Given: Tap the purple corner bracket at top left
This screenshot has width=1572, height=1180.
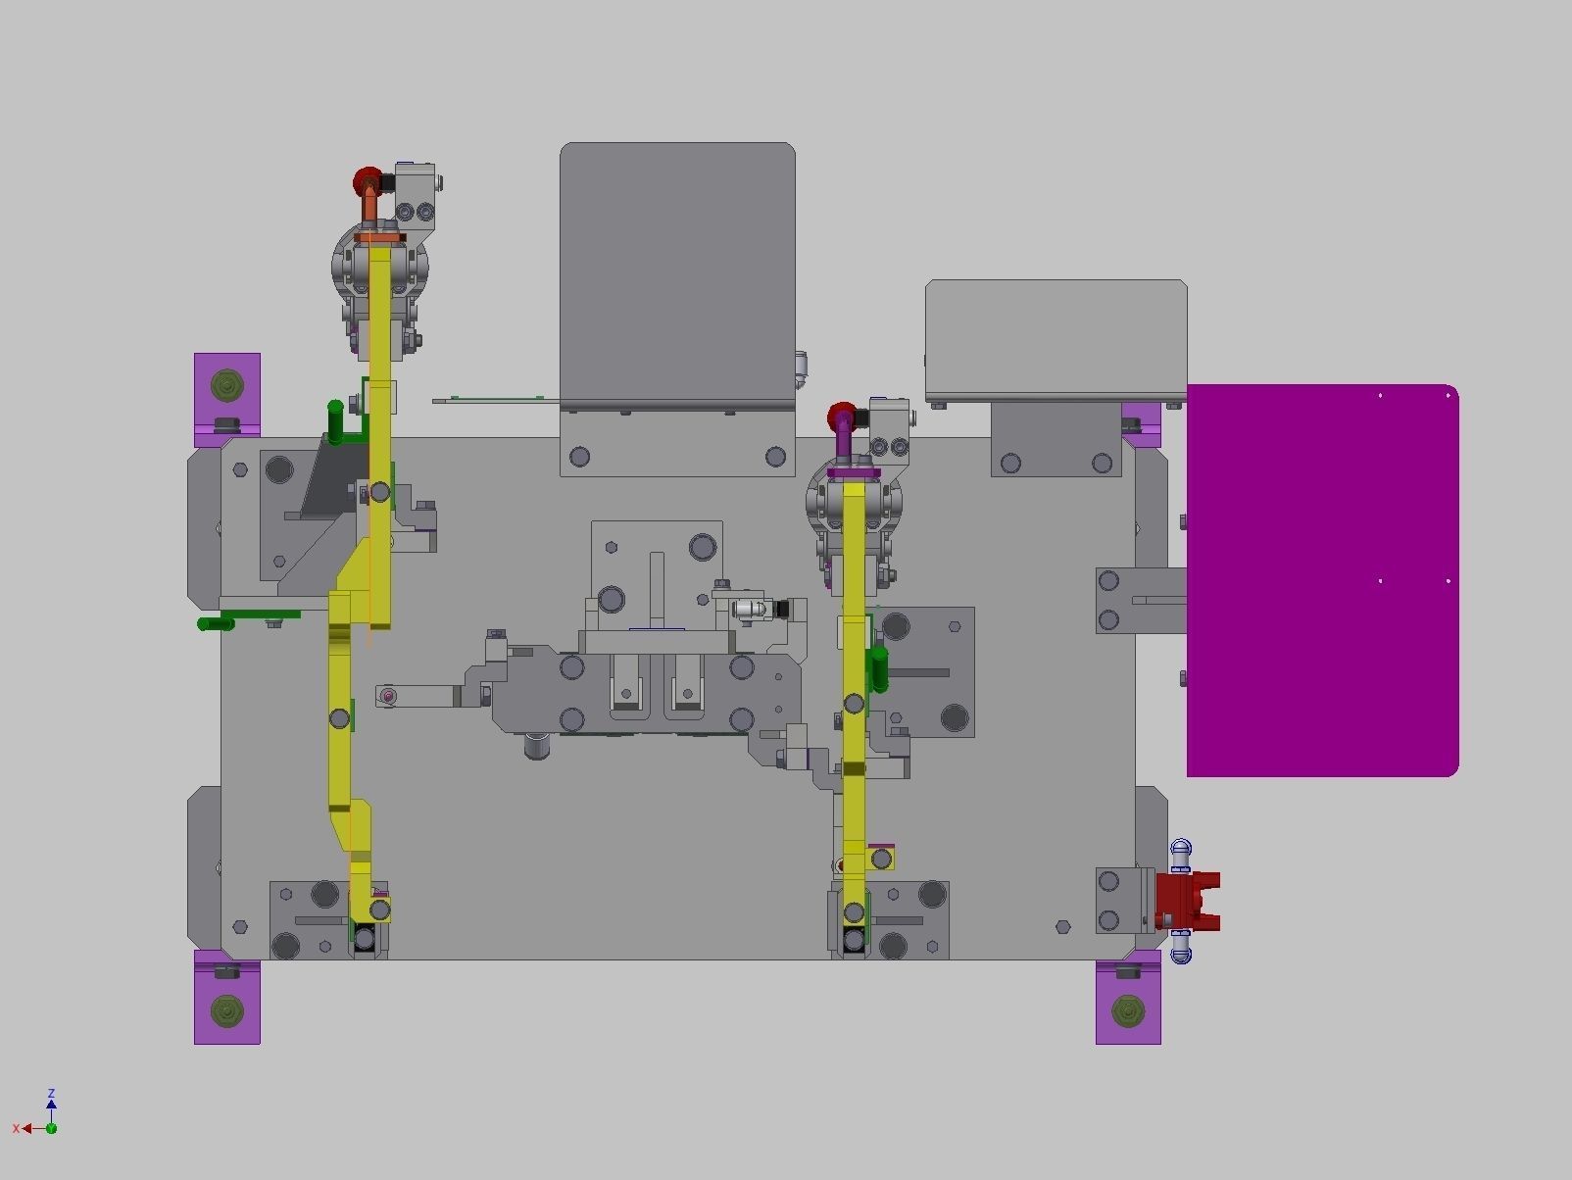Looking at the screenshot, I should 227,390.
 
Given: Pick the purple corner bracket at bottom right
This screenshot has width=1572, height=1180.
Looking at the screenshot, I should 1128,1004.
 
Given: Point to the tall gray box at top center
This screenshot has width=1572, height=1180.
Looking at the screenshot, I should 676,274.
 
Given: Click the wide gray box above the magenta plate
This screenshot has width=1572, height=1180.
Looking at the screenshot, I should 1056,338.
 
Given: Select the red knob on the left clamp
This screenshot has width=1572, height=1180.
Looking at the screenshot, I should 367,181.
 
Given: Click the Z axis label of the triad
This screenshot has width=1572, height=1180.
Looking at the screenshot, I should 51,1093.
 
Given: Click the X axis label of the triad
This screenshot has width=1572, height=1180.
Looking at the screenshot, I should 16,1129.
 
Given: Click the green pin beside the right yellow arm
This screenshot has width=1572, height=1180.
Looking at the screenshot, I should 879,668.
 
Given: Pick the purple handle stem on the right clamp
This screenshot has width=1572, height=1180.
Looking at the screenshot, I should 842,446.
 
